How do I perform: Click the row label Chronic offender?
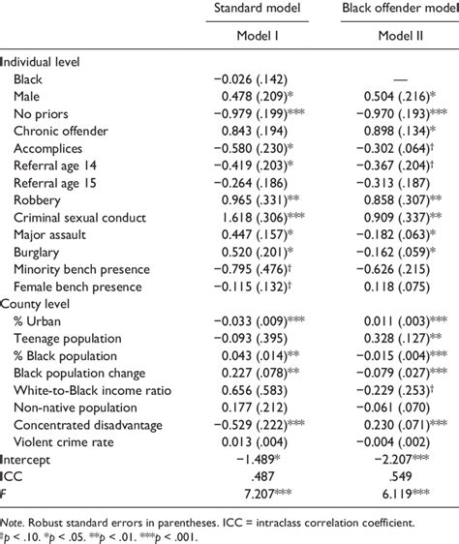[60, 130]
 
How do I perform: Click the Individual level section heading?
[46, 59]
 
